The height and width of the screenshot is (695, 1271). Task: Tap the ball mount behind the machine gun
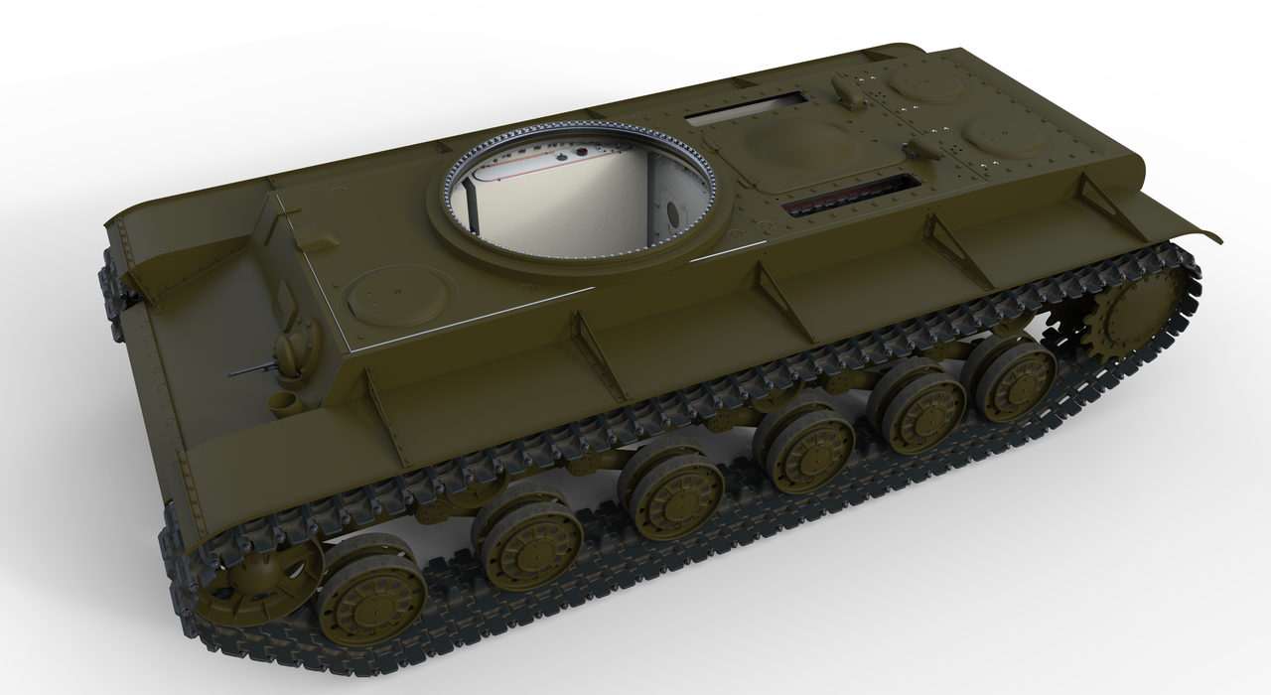[x=294, y=352]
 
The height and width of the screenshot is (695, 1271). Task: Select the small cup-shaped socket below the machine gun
[x=282, y=402]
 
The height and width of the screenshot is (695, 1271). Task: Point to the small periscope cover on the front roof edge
[x=315, y=240]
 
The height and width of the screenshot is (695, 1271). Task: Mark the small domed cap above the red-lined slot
[x=921, y=149]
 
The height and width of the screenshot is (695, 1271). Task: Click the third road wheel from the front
[x=675, y=496]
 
